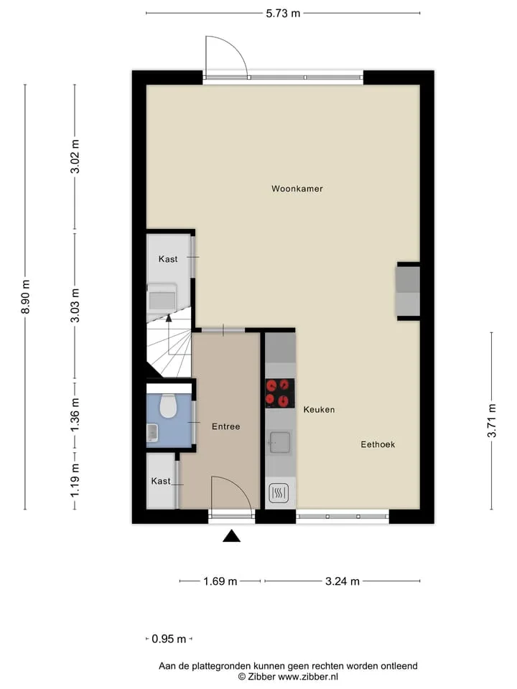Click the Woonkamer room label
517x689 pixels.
297,189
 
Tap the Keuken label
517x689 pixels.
319,410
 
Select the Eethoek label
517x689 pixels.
378,444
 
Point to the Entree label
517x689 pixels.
226,426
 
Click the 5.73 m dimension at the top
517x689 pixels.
283,14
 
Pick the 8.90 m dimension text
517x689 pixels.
26,296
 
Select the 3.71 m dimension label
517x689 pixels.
492,421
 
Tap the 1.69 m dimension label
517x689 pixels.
220,581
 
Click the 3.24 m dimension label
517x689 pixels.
343,581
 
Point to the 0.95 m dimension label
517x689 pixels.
169,639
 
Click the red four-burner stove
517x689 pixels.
279,393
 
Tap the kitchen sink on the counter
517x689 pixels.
279,442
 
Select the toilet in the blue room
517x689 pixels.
167,406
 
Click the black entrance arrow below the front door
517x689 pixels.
231,536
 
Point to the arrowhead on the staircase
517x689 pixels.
169,318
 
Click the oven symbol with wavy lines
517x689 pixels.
279,493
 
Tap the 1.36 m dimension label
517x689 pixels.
75,414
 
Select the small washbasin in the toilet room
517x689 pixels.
152,433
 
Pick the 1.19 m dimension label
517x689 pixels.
75,480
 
